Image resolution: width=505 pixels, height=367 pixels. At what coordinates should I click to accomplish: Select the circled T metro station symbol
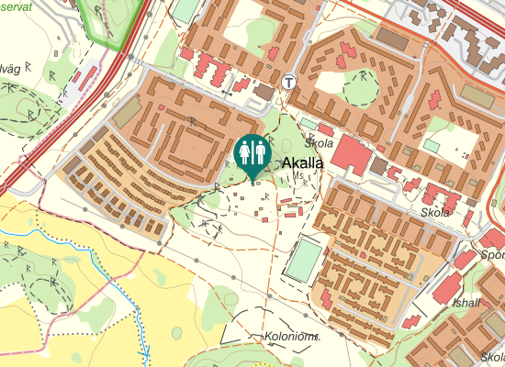pyautogui.click(x=290, y=81)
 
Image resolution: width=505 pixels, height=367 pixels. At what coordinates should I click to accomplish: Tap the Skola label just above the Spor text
pyautogui.click(x=435, y=213)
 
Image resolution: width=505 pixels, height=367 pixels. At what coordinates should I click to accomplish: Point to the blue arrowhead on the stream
pyautogui.click(x=144, y=351)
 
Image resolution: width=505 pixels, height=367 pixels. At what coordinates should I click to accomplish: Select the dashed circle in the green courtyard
pyautogui.click(x=361, y=88)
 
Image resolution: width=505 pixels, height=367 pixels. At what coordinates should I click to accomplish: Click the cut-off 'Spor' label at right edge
pyautogui.click(x=493, y=254)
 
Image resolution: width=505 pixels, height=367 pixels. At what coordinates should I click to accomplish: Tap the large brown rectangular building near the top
pyautogui.click(x=392, y=39)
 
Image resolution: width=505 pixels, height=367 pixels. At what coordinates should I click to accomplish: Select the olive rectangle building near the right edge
pyautogui.click(x=476, y=95)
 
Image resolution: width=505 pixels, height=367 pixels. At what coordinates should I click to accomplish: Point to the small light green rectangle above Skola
pyautogui.click(x=309, y=124)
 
